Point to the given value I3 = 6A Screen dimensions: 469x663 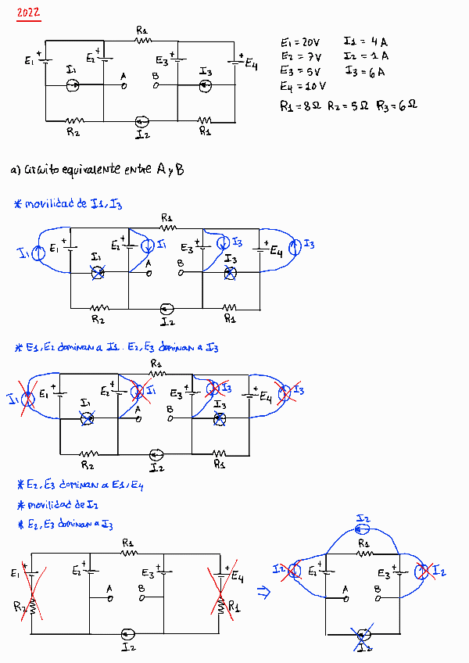click(x=364, y=72)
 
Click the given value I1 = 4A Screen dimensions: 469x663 click(x=364, y=41)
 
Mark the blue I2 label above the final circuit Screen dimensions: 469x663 click(x=363, y=518)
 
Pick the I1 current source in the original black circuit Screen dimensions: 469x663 click(x=73, y=84)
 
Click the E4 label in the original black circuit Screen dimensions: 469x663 click(x=251, y=65)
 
